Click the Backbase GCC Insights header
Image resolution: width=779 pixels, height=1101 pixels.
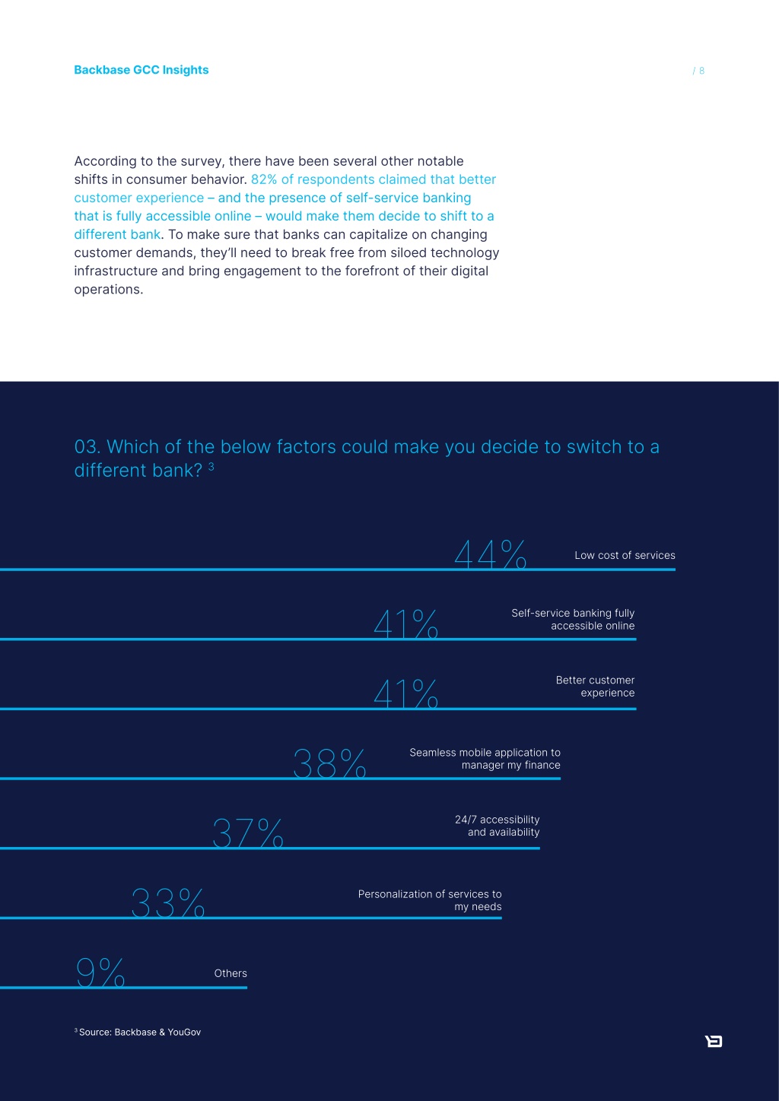click(141, 70)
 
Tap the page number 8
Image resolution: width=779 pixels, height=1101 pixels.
click(701, 71)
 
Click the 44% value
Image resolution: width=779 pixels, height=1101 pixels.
click(491, 554)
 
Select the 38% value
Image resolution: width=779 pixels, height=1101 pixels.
click(329, 763)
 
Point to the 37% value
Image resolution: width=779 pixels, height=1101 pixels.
click(248, 833)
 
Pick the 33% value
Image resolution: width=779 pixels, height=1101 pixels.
click(167, 903)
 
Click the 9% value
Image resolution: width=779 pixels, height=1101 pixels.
click(100, 972)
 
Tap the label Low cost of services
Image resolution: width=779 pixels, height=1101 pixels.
click(625, 555)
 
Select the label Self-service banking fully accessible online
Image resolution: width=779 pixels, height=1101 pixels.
click(573, 619)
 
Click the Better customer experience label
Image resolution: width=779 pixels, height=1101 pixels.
click(595, 686)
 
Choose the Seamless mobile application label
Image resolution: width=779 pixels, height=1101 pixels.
click(485, 759)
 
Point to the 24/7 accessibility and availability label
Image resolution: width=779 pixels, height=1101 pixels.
click(498, 826)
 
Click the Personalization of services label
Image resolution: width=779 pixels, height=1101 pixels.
click(430, 900)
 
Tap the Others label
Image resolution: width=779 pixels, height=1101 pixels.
click(231, 973)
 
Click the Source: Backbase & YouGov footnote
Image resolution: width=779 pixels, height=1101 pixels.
click(138, 1033)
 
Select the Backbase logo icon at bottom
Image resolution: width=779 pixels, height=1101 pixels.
click(714, 1041)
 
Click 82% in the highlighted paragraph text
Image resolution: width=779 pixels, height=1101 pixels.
click(264, 179)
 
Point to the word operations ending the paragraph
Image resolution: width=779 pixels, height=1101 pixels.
click(109, 290)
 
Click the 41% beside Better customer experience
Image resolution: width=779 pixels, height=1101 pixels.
click(405, 693)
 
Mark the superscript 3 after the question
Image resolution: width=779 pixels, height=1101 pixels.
click(211, 466)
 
